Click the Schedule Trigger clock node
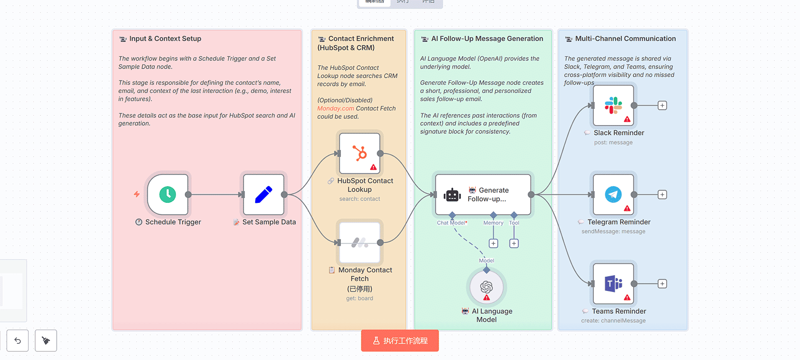[168, 194]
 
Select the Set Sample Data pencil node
[263, 194]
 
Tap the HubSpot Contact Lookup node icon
[360, 153]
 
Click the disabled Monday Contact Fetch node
[360, 242]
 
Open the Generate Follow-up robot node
[483, 194]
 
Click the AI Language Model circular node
[486, 287]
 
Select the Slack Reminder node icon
[613, 105]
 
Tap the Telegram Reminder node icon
[613, 194]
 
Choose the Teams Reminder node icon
[613, 284]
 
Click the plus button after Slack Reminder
[662, 105]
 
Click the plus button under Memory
[493, 243]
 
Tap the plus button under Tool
[514, 243]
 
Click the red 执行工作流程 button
[400, 340]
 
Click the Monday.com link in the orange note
[336, 109]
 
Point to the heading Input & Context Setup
[165, 39]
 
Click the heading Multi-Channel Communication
[625, 39]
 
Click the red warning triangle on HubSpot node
[373, 167]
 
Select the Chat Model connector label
[451, 223]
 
